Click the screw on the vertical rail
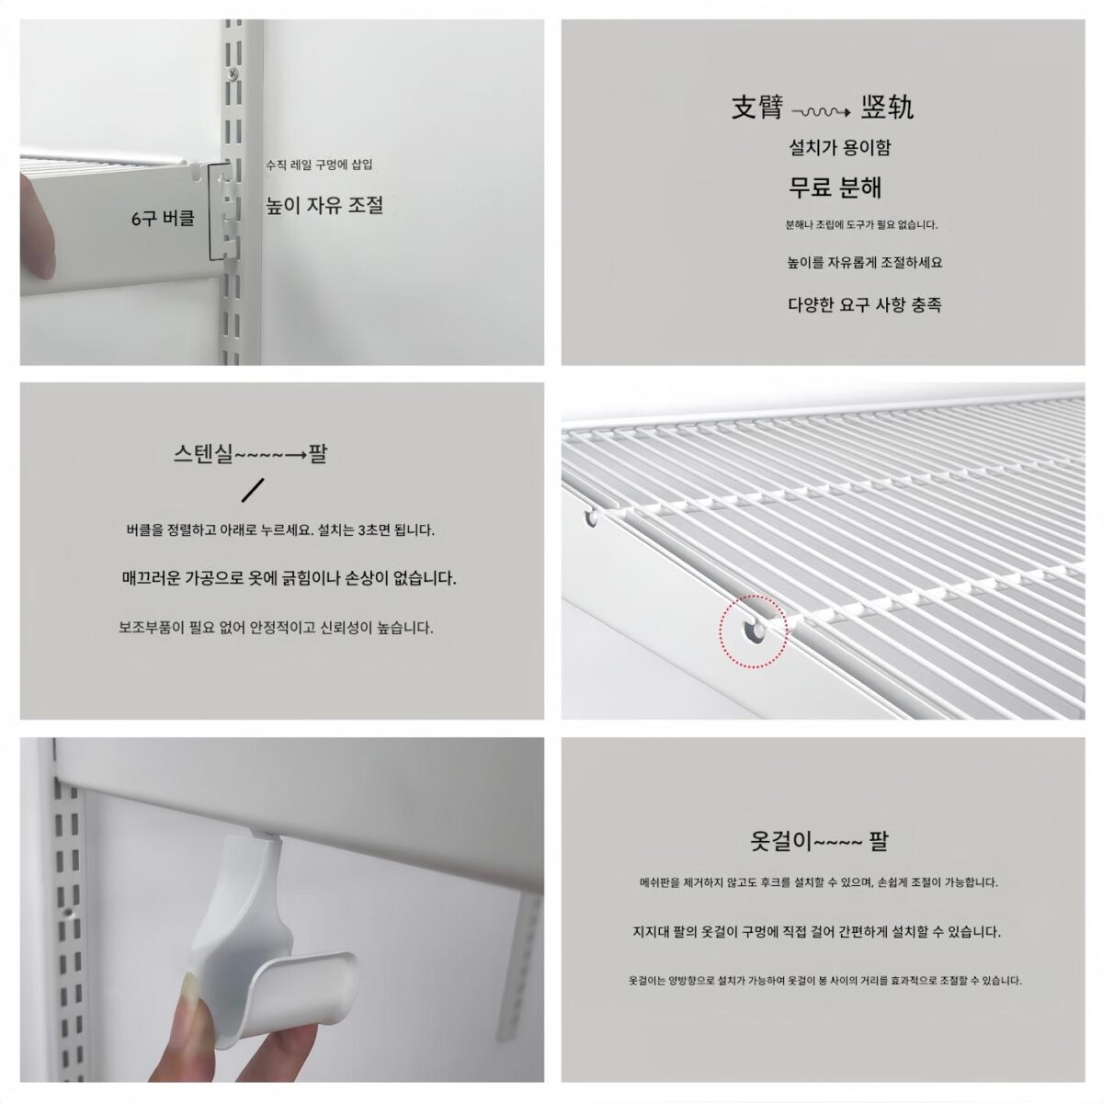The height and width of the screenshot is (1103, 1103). tap(233, 73)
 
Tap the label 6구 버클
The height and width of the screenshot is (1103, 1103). tap(163, 218)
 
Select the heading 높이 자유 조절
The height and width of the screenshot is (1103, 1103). tap(324, 205)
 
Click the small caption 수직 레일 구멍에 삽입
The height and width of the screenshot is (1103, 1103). tap(319, 165)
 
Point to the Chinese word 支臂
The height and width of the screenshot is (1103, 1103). tap(756, 108)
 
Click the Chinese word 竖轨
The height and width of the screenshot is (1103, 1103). tap(887, 108)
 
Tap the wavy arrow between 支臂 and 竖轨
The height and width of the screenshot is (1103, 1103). tap(822, 112)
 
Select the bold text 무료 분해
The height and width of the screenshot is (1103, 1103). tap(836, 188)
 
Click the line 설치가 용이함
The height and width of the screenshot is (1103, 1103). tap(840, 148)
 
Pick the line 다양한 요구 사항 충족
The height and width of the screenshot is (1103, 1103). tap(864, 304)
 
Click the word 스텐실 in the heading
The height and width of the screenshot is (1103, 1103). tap(203, 454)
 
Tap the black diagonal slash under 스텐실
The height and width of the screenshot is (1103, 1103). tap(253, 491)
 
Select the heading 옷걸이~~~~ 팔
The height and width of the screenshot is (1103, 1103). tap(819, 841)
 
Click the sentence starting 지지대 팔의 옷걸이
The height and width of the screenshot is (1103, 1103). tap(817, 931)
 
